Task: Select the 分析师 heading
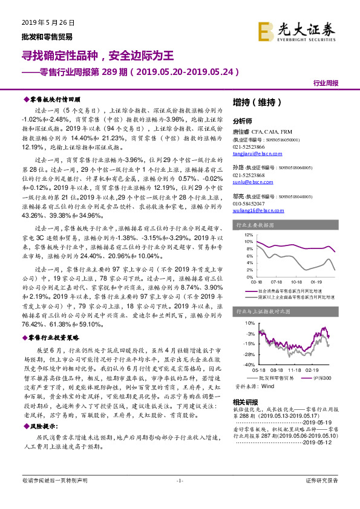coord(243,120)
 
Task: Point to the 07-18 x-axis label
coord(277,282)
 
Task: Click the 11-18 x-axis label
coord(296,370)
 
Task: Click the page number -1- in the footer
coord(180,497)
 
